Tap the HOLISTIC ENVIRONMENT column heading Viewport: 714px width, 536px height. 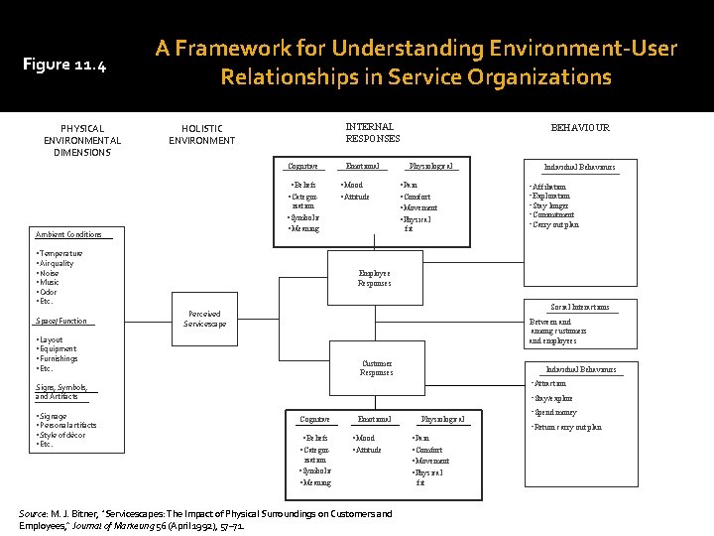[201, 134]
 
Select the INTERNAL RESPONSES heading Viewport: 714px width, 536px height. [373, 132]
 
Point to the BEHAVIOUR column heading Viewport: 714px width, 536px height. [580, 128]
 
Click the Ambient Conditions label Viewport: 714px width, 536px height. [68, 234]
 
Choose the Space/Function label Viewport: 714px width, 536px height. [60, 321]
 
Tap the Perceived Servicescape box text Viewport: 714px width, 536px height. [204, 319]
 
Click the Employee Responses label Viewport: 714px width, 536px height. [374, 278]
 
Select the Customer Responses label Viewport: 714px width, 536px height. [377, 368]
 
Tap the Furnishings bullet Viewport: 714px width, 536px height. [58, 358]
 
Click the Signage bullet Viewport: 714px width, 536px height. [53, 416]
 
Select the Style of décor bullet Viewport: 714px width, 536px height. [62, 435]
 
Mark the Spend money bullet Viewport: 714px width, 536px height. [555, 412]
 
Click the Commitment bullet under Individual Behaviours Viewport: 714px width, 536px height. [555, 215]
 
